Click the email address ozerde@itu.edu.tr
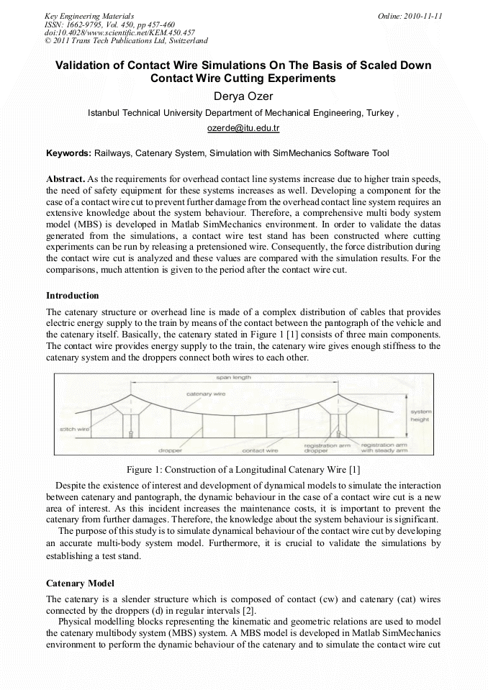pyautogui.click(x=243, y=128)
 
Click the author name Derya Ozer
pyautogui.click(x=243, y=96)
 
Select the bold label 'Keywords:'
pyautogui.click(x=68, y=153)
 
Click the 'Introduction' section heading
pyautogui.click(x=73, y=296)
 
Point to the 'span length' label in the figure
pyautogui.click(x=233, y=377)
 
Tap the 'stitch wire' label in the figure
pyautogui.click(x=73, y=429)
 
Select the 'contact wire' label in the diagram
pyautogui.click(x=260, y=450)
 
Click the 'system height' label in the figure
pyautogui.click(x=420, y=415)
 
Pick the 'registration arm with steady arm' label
pyautogui.click(x=384, y=448)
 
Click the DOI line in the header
pyautogui.click(x=119, y=32)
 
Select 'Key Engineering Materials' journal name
pyautogui.click(x=89, y=15)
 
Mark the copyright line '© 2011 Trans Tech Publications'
pyautogui.click(x=126, y=41)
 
